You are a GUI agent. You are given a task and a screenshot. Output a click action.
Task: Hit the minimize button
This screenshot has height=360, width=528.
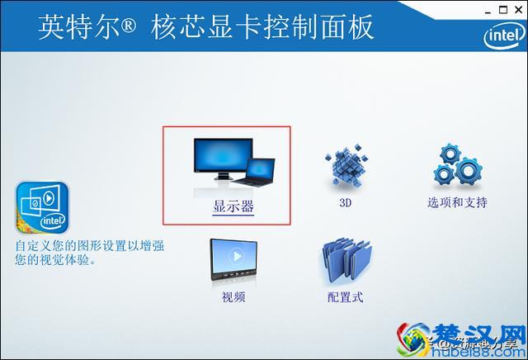click(480, 10)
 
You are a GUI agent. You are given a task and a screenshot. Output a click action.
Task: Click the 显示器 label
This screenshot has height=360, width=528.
click(233, 206)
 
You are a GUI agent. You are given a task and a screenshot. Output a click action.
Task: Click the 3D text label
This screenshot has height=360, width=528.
click(346, 202)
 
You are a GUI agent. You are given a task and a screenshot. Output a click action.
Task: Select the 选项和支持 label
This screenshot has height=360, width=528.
click(457, 202)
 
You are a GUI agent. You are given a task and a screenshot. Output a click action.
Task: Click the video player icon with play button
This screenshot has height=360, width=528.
click(233, 261)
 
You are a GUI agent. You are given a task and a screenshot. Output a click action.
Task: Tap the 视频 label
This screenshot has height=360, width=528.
click(233, 297)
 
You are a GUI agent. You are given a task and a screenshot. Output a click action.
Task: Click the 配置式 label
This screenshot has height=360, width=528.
click(345, 297)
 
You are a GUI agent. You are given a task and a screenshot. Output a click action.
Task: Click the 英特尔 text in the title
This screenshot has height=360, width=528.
click(79, 28)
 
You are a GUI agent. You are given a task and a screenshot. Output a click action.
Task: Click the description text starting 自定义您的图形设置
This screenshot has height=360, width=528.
click(91, 253)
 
